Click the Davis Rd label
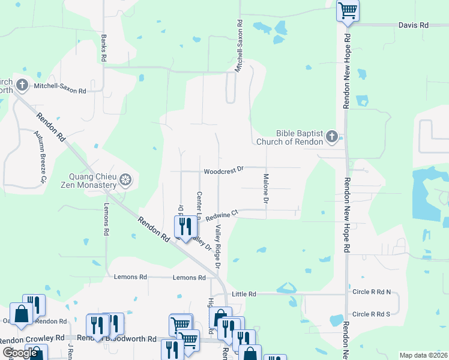point(414,25)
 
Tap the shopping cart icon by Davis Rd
point(348,11)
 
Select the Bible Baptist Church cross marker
point(331,138)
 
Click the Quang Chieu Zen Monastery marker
point(125,180)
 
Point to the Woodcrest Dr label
point(223,171)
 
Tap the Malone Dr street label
point(265,188)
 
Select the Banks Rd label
point(104,47)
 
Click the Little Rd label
point(244,294)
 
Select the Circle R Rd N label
point(372,292)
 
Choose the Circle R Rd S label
point(371,314)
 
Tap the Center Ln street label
point(199,205)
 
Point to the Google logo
point(20,353)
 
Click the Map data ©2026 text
point(423,355)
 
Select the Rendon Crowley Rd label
point(32,338)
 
